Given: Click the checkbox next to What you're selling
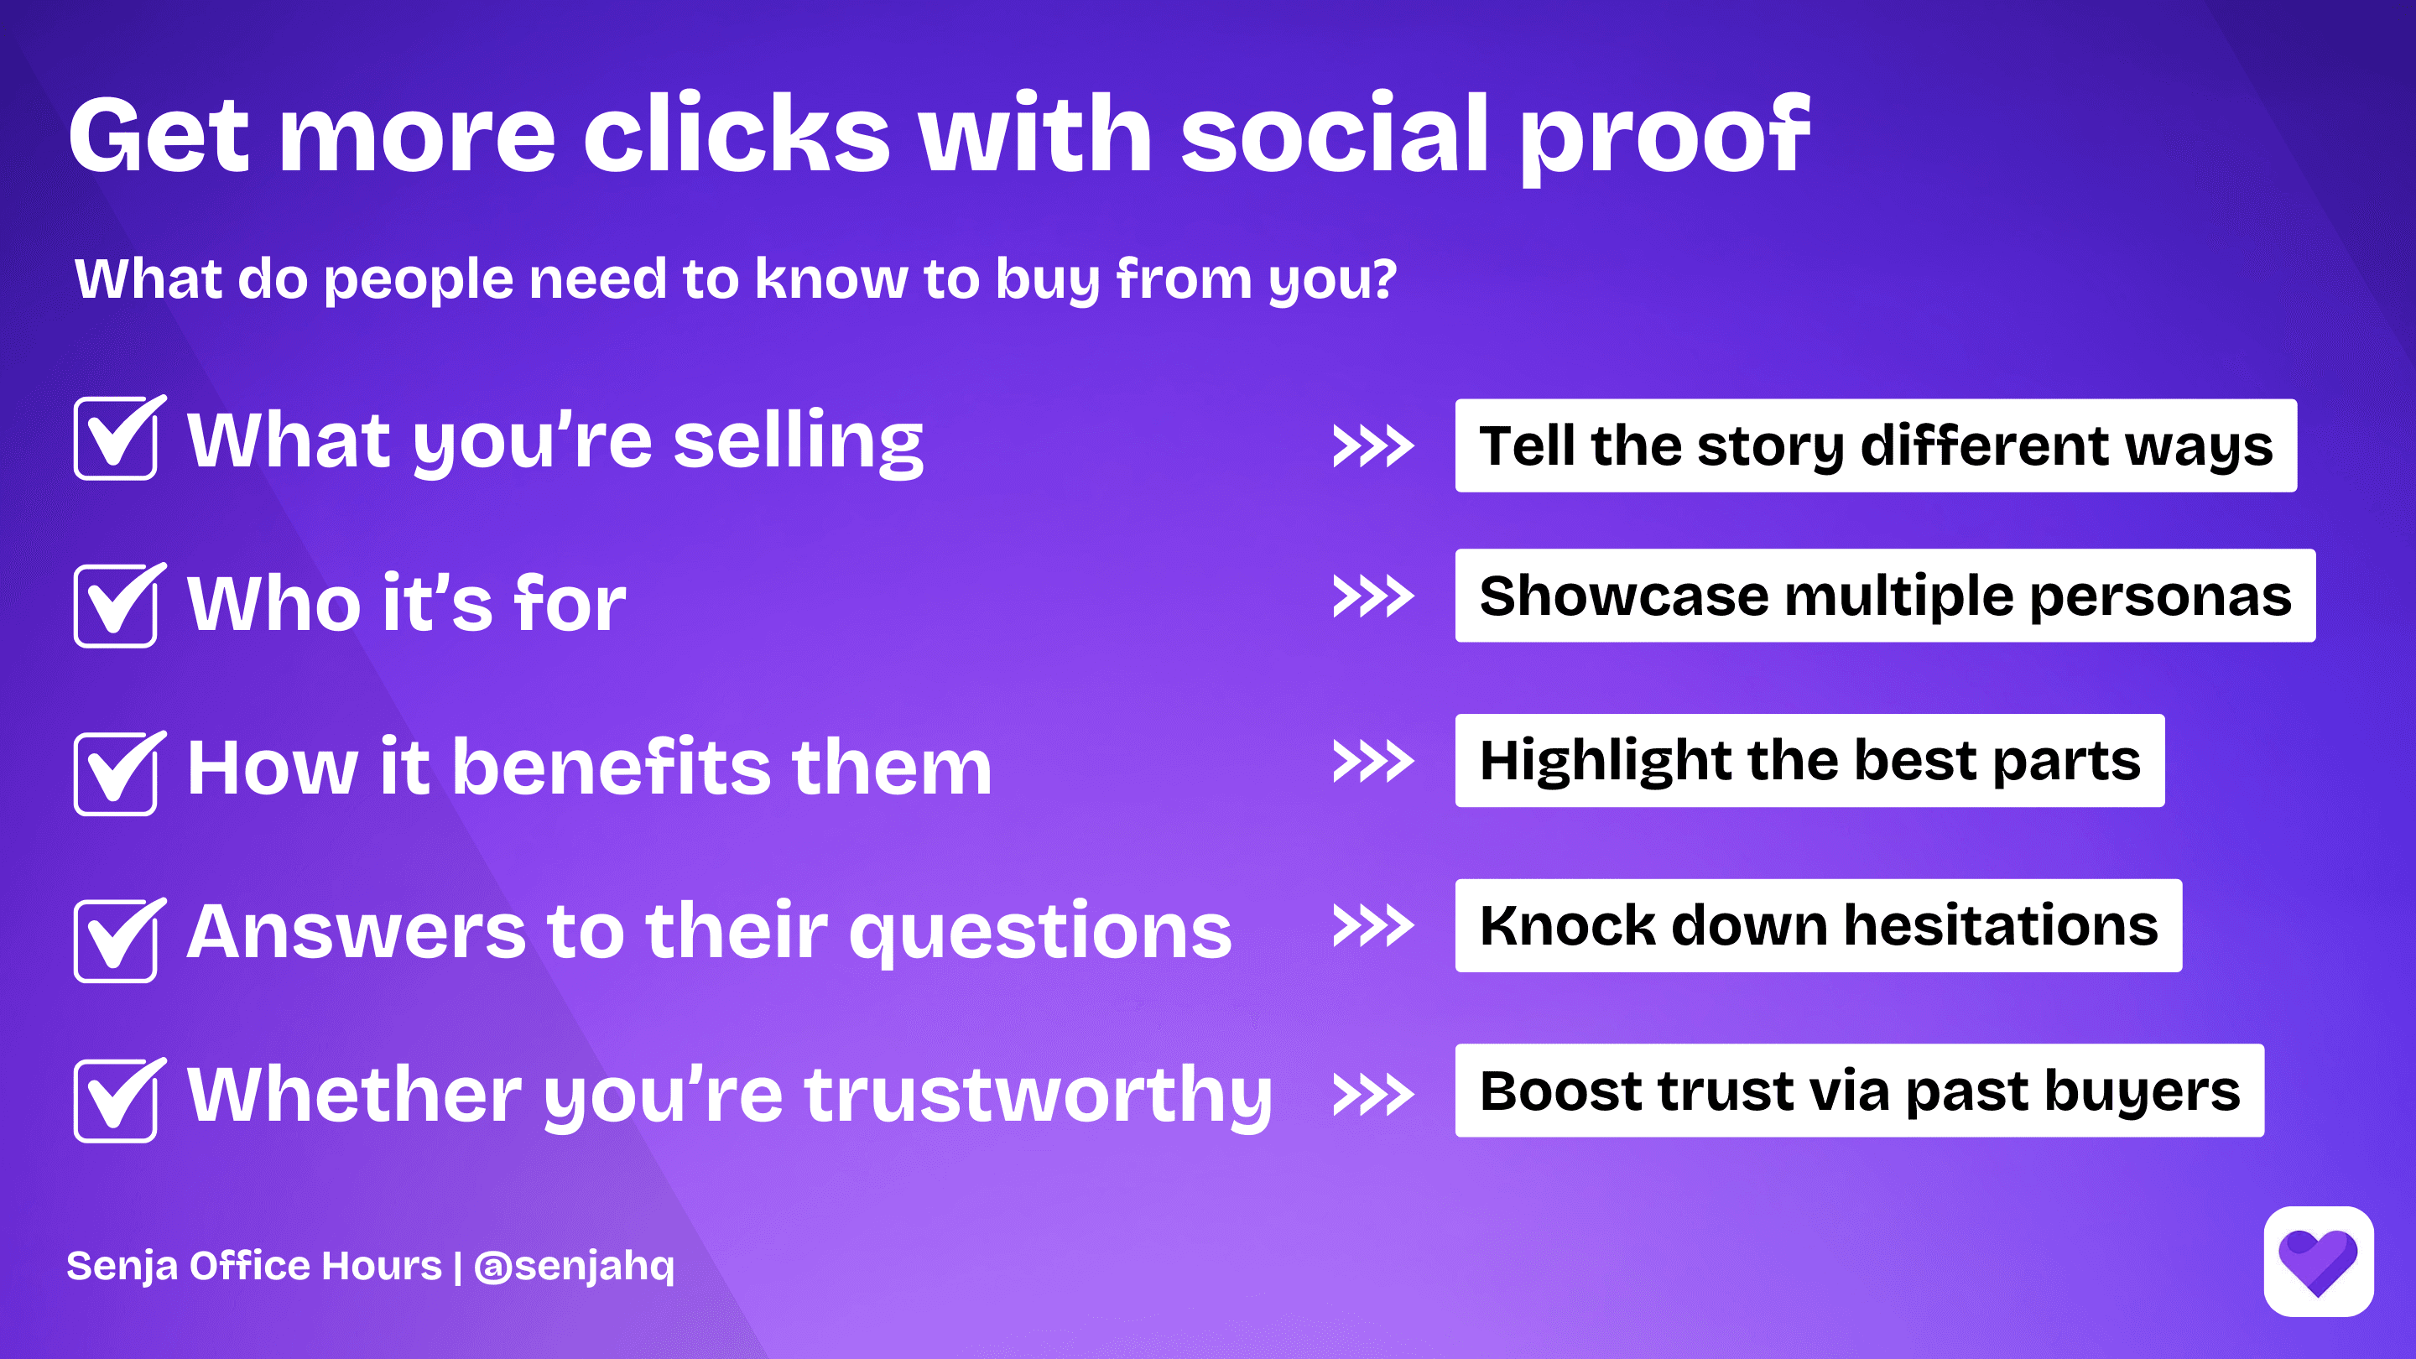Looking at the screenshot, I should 116,439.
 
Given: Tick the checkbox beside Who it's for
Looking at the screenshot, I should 116,606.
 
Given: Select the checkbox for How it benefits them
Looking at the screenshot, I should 116,773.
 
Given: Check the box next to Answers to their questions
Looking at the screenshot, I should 116,940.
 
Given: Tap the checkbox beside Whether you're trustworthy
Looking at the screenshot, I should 116,1100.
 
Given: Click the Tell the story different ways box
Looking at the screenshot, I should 1876,445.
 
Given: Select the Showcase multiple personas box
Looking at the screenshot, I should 1885,596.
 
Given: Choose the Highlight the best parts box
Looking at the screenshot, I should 1809,761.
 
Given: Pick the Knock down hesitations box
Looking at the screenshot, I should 1818,925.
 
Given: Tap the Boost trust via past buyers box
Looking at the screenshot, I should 1859,1091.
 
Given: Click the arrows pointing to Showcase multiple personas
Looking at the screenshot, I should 1373,596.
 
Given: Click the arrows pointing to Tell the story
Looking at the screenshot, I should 1373,446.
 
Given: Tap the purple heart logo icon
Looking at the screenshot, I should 2318,1262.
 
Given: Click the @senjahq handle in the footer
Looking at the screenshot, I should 574,1266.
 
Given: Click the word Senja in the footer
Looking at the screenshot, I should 121,1266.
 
